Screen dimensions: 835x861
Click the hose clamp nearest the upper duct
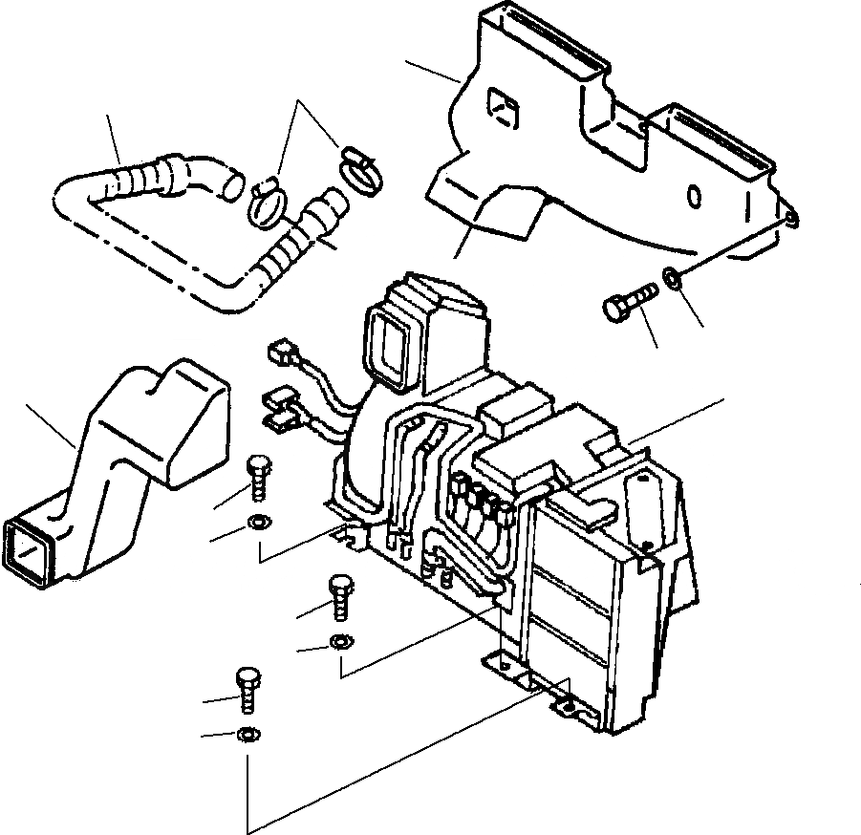[357, 169]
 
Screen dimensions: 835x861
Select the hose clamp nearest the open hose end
[269, 203]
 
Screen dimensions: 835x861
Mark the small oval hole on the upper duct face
[696, 197]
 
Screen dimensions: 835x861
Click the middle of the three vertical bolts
[340, 597]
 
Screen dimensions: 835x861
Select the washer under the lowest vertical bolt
[247, 734]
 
